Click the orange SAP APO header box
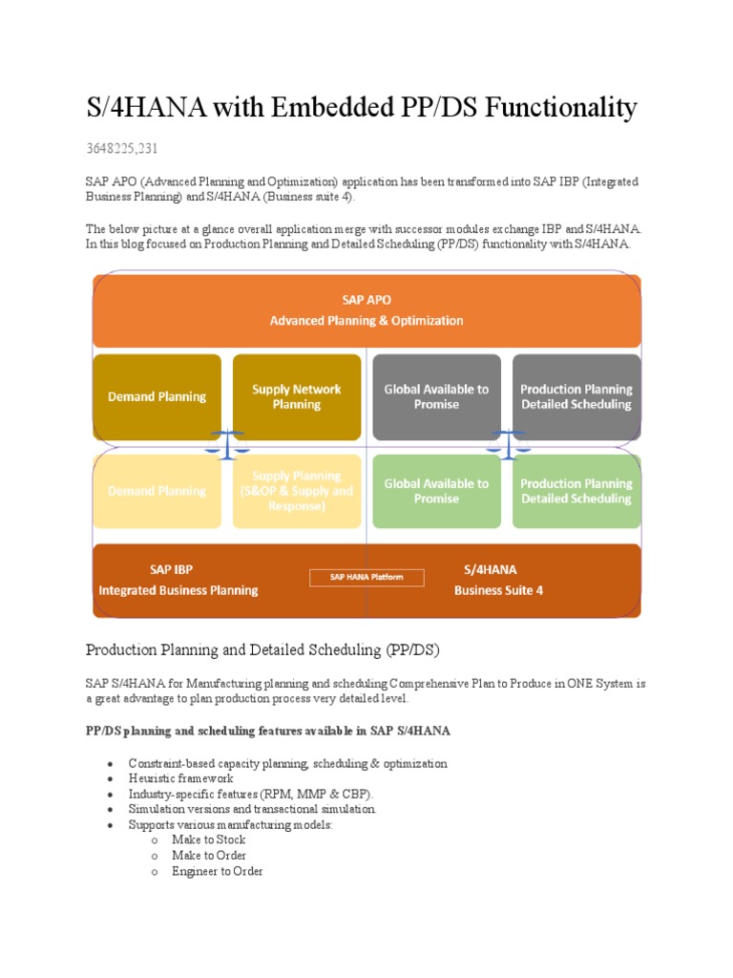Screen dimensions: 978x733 tap(366, 310)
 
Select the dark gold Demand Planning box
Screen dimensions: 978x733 tap(157, 396)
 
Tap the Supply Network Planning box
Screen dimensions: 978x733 tap(296, 396)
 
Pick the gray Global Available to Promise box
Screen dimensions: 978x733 tap(436, 396)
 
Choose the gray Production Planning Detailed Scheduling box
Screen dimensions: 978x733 tap(576, 396)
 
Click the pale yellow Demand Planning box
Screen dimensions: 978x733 tap(157, 491)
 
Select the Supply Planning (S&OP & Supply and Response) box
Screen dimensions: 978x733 tap(296, 491)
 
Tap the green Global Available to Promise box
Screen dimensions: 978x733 tap(436, 491)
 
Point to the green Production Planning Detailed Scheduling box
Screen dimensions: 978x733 tap(576, 491)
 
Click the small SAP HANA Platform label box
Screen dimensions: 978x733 tap(366, 577)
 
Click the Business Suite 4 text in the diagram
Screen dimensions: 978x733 tap(498, 590)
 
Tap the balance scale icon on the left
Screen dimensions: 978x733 tap(227, 442)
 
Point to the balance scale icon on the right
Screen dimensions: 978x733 tap(506, 442)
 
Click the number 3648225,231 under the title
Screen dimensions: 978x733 tap(122, 148)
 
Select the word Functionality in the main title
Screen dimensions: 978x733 tap(562, 108)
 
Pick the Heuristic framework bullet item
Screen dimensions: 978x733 tap(180, 778)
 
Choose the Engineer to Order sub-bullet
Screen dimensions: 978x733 tap(217, 871)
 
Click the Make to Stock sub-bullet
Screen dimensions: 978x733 tap(208, 840)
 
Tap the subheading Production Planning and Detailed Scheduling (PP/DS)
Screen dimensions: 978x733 tap(262, 650)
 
